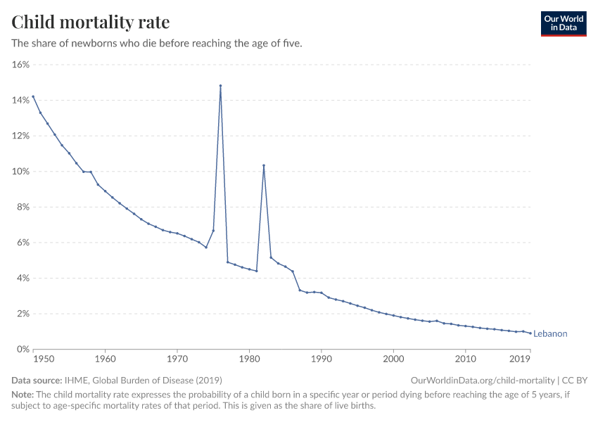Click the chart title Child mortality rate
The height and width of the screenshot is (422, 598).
91,22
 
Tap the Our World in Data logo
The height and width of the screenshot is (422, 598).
563,23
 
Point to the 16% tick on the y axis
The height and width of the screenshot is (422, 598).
20,65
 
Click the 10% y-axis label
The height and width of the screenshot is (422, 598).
20,172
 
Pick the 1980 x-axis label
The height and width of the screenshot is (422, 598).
250,359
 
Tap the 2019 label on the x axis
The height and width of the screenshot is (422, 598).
521,359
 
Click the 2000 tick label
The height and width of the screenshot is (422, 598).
393,359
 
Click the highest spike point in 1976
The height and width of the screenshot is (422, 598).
221,86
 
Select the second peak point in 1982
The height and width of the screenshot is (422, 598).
264,165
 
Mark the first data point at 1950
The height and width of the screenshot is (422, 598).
33,96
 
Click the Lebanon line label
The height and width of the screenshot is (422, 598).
550,334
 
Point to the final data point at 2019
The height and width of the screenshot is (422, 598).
530,333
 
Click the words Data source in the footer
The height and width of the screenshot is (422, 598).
37,380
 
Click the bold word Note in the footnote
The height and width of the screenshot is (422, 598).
23,395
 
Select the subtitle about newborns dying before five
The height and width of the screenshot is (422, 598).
157,44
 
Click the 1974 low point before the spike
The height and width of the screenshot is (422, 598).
206,247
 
